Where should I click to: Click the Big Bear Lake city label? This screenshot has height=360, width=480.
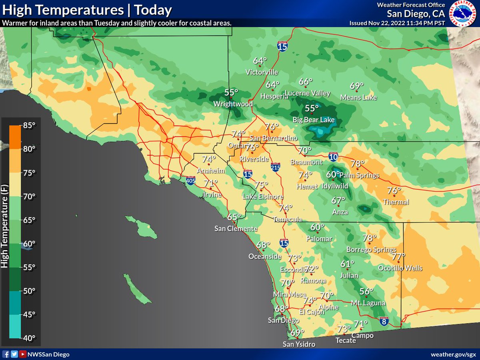pyautogui.click(x=314, y=120)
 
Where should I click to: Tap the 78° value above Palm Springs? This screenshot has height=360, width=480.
pyautogui.click(x=357, y=163)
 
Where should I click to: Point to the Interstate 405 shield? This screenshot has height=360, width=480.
pyautogui.click(x=190, y=181)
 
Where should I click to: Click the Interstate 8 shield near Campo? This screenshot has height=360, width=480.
pyautogui.click(x=383, y=321)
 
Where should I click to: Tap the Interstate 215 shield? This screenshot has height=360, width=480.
pyautogui.click(x=275, y=167)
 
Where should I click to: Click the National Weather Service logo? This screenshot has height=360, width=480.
pyautogui.click(x=462, y=13)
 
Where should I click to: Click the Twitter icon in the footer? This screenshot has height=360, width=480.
pyautogui.click(x=14, y=354)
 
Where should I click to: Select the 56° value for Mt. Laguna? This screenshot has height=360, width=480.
pyautogui.click(x=366, y=292)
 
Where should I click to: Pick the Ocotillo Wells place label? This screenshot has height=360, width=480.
pyautogui.click(x=400, y=268)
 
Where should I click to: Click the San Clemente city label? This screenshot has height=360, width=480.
pyautogui.click(x=236, y=229)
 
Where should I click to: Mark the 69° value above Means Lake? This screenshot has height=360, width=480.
pyautogui.click(x=356, y=86)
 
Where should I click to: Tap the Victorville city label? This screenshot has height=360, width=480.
pyautogui.click(x=262, y=72)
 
